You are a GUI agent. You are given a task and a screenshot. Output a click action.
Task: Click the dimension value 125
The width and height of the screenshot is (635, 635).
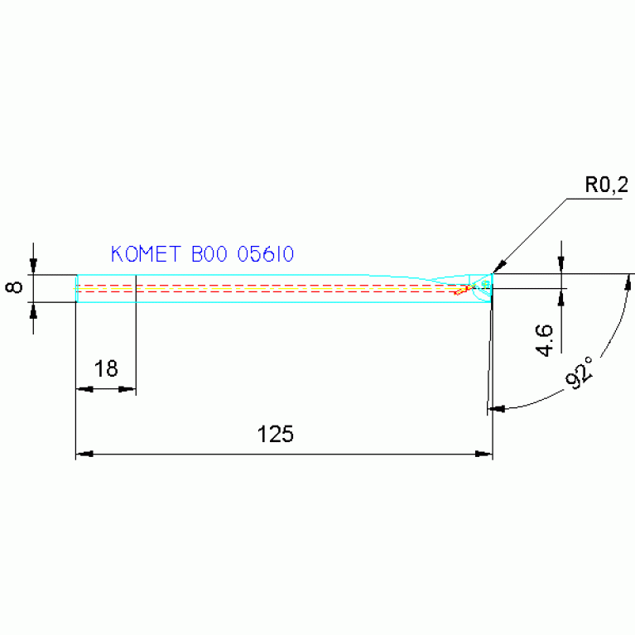point(276,435)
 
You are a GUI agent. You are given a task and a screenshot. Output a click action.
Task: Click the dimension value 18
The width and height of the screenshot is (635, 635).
point(106,369)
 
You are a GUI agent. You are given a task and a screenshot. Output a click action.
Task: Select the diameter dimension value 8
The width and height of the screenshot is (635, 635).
point(14,288)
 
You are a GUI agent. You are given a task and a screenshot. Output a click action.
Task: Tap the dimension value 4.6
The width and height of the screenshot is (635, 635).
point(544,340)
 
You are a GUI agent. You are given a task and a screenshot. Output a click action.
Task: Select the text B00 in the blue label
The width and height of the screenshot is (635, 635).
point(210,254)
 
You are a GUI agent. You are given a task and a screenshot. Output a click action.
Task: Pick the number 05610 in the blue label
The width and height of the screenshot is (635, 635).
point(266,254)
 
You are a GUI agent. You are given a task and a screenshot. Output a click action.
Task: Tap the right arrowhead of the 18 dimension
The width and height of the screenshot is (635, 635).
point(128,389)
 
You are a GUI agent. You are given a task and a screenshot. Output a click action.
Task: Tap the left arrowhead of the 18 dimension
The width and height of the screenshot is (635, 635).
point(82,389)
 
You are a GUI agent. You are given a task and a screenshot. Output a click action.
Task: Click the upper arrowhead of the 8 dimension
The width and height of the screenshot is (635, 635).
point(33,267)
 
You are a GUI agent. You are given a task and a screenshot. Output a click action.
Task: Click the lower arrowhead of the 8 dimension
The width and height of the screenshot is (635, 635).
point(33,309)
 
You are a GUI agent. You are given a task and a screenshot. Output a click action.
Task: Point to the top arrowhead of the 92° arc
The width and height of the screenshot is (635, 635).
point(628,281)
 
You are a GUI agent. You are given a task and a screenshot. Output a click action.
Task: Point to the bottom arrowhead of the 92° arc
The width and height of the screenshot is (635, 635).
point(496,408)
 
